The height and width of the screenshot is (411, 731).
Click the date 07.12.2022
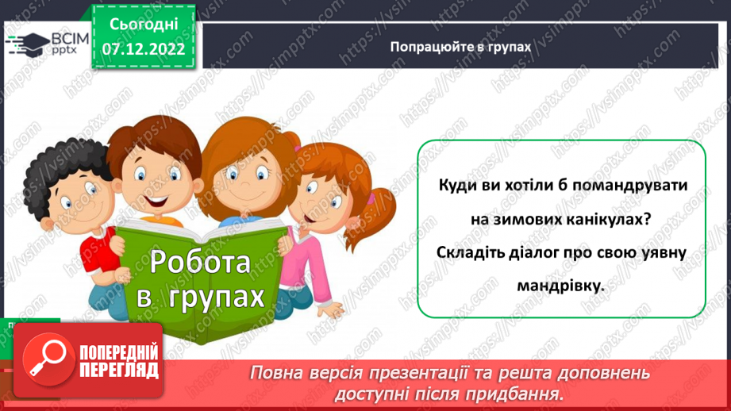[x=143, y=49]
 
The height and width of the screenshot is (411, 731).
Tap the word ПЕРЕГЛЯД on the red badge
[x=119, y=371]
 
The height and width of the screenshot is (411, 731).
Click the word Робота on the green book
[x=200, y=262]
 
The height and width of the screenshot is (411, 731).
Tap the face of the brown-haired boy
[x=151, y=175]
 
